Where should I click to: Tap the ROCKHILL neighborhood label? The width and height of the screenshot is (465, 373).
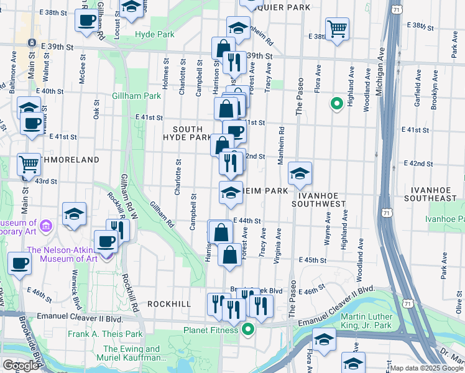tap(169, 303)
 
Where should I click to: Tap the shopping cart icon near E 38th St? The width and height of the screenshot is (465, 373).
tap(337, 28)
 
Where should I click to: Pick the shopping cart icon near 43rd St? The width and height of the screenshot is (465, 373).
tap(29, 164)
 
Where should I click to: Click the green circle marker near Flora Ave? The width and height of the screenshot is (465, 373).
tap(336, 104)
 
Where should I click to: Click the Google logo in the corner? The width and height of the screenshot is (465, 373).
tap(21, 366)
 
